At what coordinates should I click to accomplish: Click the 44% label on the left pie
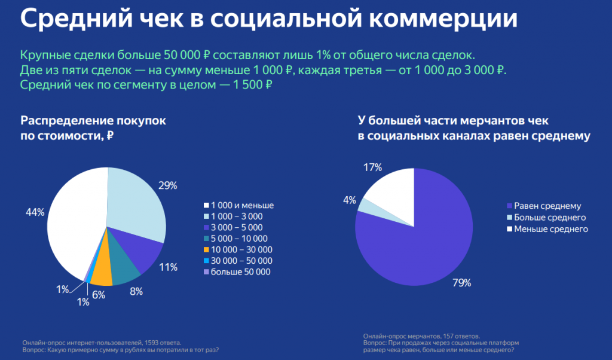point(35,212)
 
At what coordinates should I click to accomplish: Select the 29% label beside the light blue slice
point(169,185)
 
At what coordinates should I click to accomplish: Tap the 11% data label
point(169,267)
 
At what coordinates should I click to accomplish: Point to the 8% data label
point(137,292)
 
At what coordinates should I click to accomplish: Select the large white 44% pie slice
point(72,221)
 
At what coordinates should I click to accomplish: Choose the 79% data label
point(462,283)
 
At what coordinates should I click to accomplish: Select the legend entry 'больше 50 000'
point(241,272)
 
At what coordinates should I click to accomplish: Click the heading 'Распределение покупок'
point(93,120)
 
